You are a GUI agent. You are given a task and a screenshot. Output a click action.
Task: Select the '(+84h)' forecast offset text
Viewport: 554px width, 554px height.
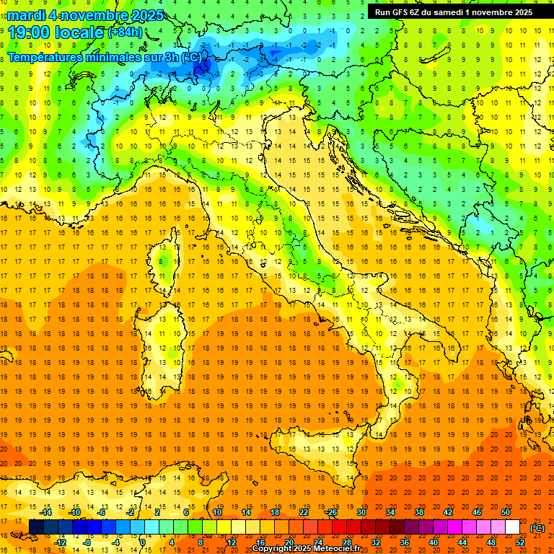coord(125,32)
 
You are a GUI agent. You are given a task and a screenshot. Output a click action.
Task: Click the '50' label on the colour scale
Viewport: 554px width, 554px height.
coord(505,512)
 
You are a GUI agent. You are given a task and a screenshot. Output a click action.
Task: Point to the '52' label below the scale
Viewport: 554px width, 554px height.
coord(519,542)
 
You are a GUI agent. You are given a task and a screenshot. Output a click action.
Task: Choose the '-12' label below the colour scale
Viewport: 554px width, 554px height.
coord(60,542)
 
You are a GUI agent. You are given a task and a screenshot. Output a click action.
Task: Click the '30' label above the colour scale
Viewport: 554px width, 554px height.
coord(361,512)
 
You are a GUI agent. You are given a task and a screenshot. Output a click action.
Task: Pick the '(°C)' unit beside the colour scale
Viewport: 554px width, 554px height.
coord(537,527)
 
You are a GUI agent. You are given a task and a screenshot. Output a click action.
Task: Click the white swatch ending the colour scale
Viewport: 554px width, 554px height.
coord(512,527)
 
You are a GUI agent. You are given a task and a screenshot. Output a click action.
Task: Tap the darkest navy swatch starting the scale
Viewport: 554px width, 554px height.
coord(36,527)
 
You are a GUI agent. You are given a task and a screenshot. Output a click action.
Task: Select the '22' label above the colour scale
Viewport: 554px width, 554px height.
coord(303,512)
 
